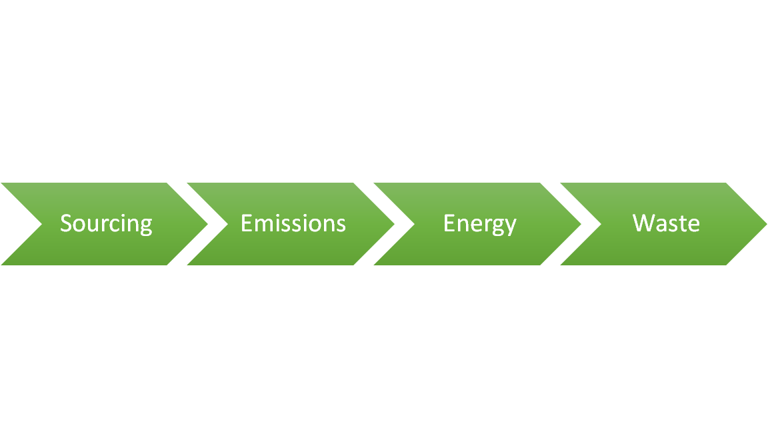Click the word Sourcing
106,223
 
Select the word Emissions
293,223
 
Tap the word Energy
480,223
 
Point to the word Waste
666,223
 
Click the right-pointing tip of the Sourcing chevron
207,224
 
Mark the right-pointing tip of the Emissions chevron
393,224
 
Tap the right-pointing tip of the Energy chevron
580,224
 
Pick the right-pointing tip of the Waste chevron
766,224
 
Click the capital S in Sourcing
65,223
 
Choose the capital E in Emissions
246,223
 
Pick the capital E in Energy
449,223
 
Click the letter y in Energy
510,227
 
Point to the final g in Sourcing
146,227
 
